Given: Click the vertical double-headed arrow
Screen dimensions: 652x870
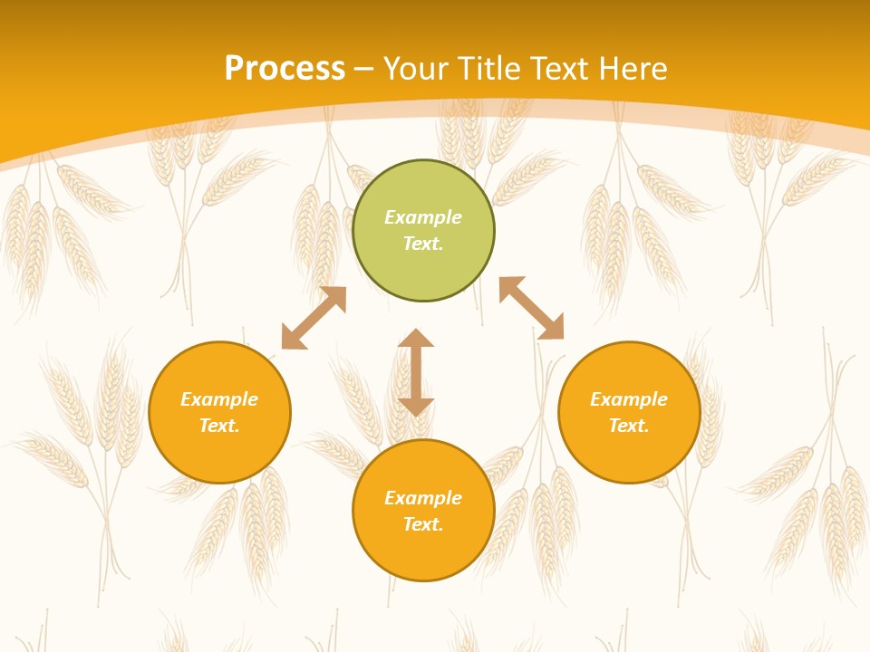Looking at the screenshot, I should (x=416, y=372).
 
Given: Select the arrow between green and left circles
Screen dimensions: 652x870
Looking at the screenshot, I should (x=314, y=318).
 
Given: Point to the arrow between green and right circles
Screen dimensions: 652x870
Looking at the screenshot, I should (x=531, y=308).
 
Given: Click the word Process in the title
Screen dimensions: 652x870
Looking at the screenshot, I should (x=285, y=68).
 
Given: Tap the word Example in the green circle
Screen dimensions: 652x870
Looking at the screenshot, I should (x=423, y=217).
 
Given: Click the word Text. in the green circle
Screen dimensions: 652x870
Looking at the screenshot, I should (x=423, y=244).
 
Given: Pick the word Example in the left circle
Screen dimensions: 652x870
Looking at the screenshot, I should (x=219, y=399).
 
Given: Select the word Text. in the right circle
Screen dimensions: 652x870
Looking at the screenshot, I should (x=629, y=426).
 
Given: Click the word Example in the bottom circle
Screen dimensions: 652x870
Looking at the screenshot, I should (x=423, y=498).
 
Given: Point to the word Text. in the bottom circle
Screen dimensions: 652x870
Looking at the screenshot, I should (x=423, y=524).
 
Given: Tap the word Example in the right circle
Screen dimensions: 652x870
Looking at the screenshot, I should (x=629, y=399).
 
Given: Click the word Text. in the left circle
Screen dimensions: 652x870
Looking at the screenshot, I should (x=219, y=426).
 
